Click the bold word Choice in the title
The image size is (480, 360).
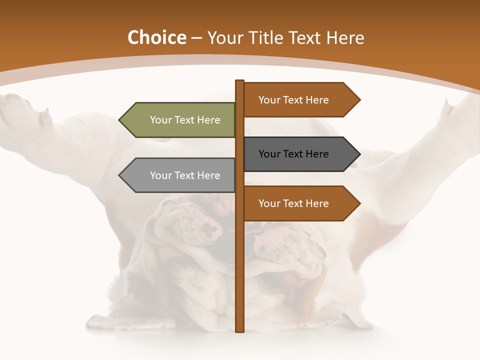156,38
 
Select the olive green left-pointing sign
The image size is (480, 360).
180,120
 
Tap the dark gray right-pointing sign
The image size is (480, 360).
297,154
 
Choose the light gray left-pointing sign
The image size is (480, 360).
180,175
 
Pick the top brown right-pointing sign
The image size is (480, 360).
297,100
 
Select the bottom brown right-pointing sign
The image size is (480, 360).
297,203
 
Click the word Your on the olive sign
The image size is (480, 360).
161,120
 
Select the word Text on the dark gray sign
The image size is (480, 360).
293,154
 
